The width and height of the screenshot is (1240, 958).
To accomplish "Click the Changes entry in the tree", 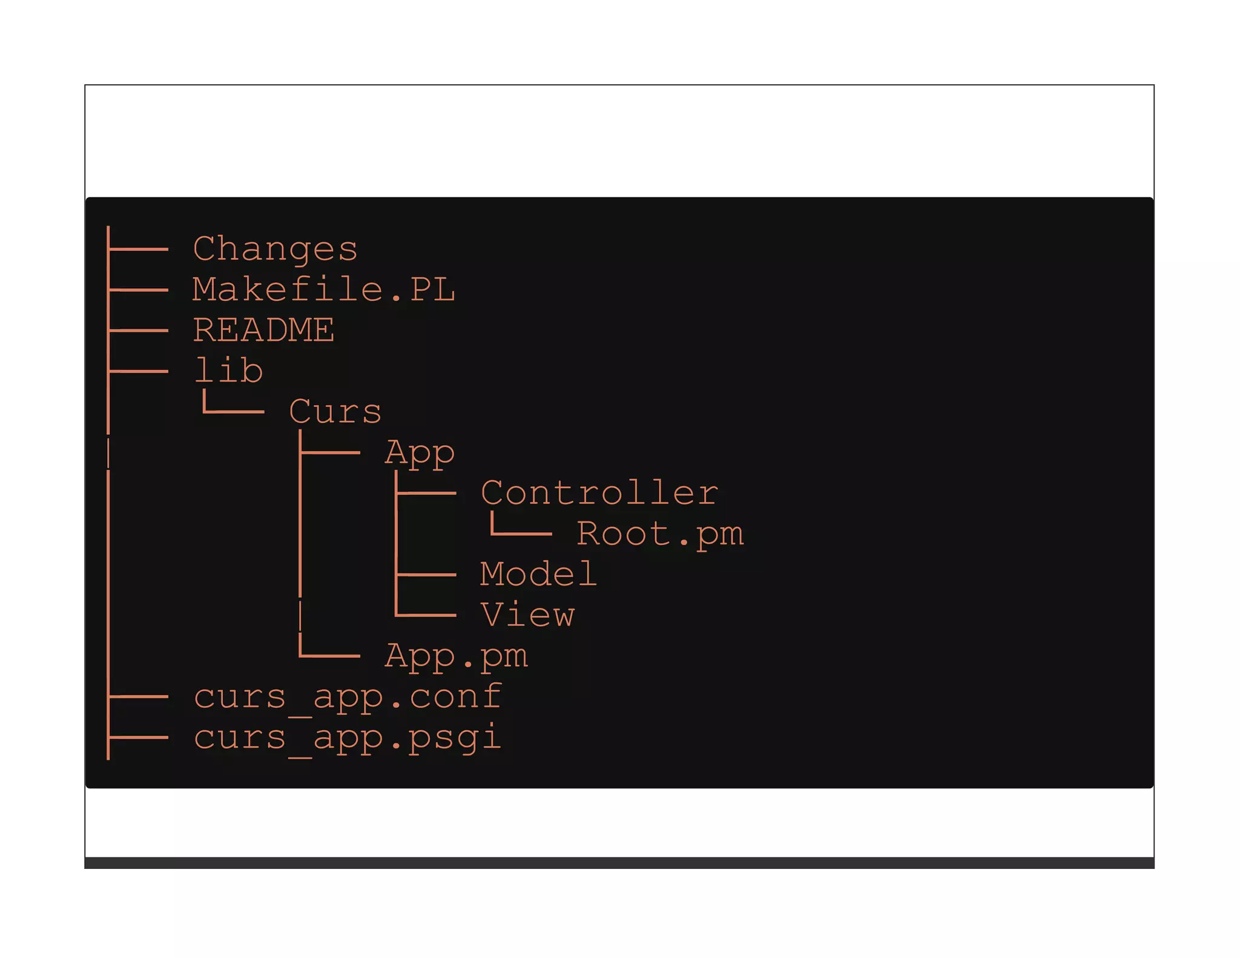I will click(275, 249).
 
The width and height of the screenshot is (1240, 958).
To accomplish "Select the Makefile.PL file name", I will click(324, 290).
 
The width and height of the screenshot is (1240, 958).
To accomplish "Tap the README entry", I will click(263, 331).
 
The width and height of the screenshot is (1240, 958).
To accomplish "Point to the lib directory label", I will click(229, 371).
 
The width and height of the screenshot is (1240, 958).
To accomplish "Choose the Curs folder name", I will click(335, 412).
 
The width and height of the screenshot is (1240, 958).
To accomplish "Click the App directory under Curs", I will click(420, 453).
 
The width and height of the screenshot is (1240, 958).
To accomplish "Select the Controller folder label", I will click(599, 493).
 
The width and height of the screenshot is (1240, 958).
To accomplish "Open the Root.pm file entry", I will click(660, 534).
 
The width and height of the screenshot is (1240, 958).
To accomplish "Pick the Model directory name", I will click(538, 574).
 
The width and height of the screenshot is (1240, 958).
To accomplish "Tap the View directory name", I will click(527, 615).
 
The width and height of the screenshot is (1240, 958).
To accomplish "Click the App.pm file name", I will click(456, 656).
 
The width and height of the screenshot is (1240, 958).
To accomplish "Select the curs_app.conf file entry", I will click(348, 697).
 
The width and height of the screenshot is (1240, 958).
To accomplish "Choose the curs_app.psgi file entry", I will click(348, 738).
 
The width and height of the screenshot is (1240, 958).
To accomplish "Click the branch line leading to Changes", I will click(139, 249).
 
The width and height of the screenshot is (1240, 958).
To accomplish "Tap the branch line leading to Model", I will click(426, 574).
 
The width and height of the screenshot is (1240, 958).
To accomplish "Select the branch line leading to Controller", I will click(426, 493).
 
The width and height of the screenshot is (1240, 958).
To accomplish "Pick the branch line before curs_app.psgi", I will click(139, 738).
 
